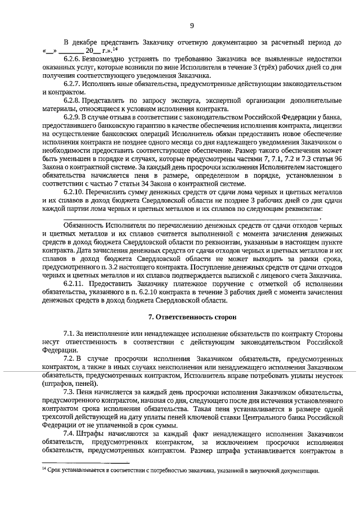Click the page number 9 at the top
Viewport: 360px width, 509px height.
tap(191, 25)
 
